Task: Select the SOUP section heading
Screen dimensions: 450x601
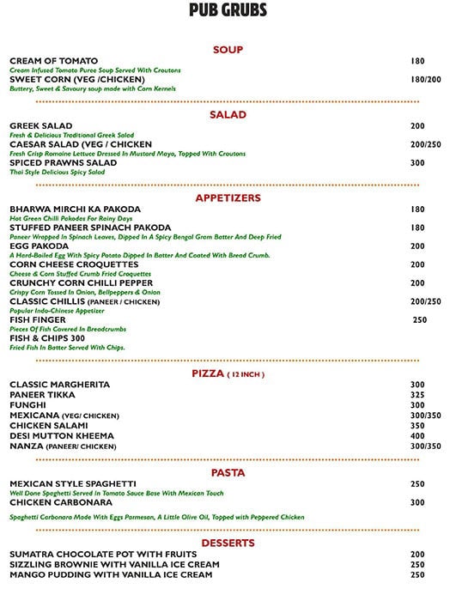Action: tap(228, 50)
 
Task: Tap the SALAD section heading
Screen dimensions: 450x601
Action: tap(228, 115)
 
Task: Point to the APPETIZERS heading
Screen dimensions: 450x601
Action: tap(228, 197)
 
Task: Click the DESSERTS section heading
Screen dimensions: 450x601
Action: tap(228, 543)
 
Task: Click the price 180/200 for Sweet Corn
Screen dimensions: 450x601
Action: tap(425, 80)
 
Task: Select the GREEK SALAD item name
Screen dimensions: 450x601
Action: tap(40, 126)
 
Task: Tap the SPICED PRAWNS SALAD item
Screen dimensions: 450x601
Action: tap(63, 162)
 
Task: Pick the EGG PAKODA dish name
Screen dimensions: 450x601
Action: tap(39, 246)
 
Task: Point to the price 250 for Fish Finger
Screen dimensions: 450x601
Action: tap(419, 320)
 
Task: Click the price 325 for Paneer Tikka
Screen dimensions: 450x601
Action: tap(417, 395)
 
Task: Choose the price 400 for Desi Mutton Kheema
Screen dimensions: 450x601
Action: tap(417, 436)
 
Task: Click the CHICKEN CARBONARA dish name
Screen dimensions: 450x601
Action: tap(58, 502)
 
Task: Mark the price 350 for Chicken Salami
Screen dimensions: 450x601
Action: tap(417, 426)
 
